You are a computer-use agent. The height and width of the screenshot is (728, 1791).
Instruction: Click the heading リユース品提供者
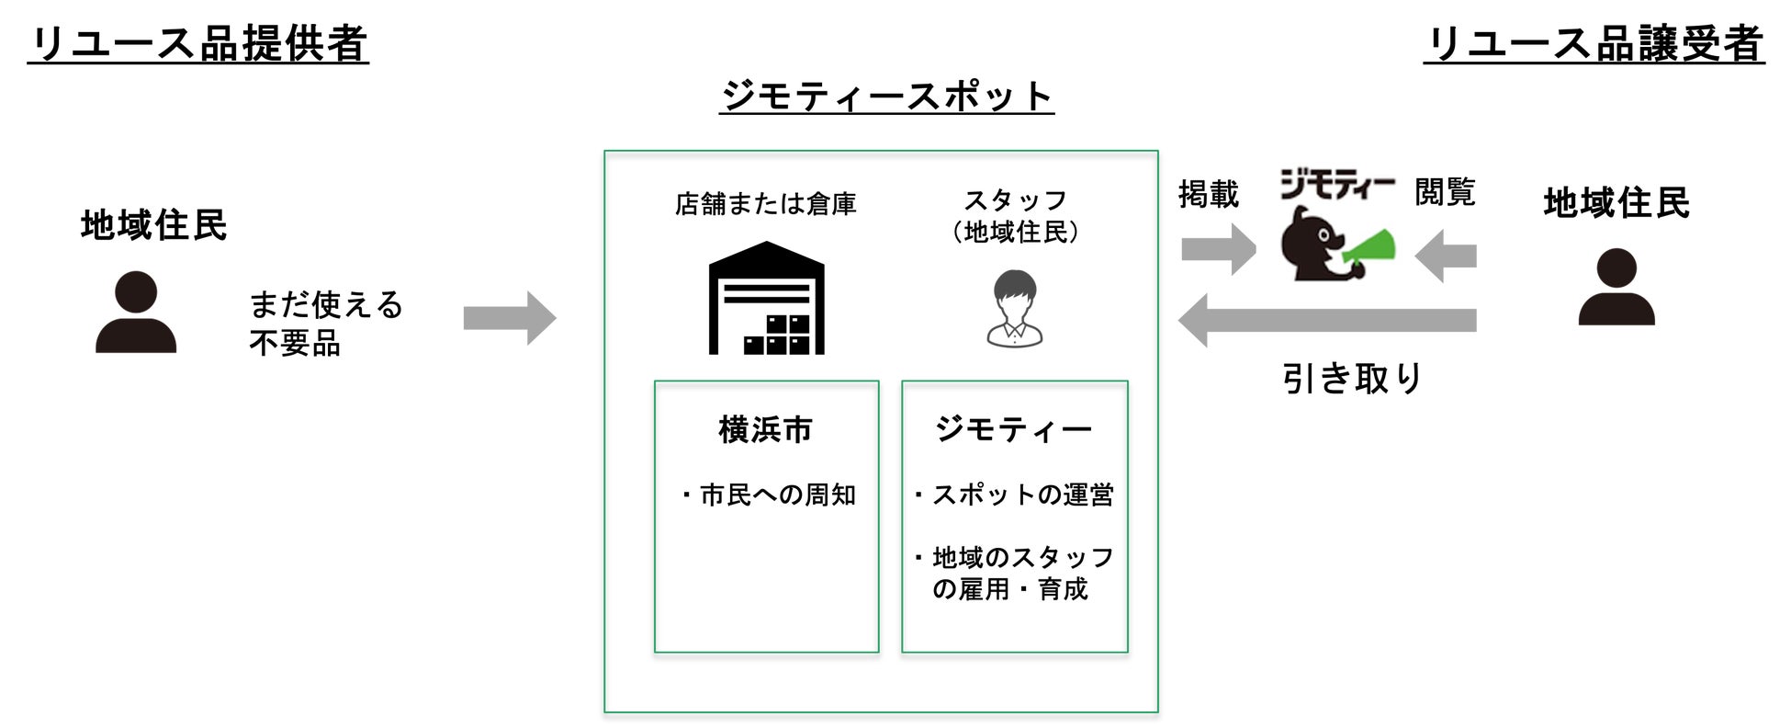(198, 44)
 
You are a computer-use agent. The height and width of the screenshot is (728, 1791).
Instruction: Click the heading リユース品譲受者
(1594, 44)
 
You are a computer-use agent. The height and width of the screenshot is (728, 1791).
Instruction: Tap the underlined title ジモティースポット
(886, 97)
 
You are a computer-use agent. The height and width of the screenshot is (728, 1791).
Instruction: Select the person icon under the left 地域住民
(136, 313)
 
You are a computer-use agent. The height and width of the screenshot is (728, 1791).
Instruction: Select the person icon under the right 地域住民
(1616, 287)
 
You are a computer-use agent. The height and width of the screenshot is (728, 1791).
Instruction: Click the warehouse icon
(766, 299)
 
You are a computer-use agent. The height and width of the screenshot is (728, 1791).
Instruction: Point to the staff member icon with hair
(1015, 309)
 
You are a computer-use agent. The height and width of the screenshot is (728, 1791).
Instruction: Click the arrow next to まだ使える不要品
(510, 318)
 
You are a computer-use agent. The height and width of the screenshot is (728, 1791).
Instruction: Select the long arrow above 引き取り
(1326, 320)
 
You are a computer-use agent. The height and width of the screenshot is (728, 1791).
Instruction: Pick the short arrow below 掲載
(1218, 248)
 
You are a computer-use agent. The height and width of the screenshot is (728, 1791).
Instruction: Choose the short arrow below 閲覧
(1446, 255)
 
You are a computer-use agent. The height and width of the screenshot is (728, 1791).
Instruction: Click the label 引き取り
(1352, 378)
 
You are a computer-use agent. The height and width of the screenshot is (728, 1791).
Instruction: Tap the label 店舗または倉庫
(765, 203)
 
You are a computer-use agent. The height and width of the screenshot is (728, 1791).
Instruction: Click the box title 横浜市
(765, 429)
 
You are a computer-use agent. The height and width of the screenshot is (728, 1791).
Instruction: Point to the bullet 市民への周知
(769, 495)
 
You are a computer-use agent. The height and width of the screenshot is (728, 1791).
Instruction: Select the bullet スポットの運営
(1014, 495)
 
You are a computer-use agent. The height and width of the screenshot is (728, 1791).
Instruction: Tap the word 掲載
(1208, 194)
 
